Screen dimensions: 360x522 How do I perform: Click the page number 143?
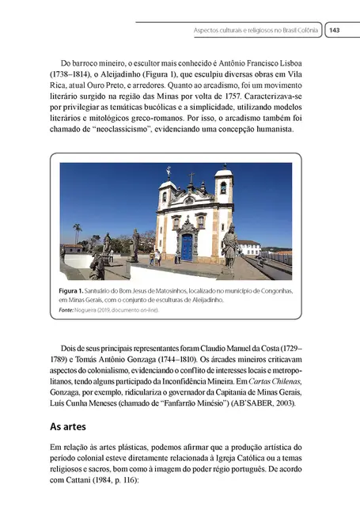pos(334,30)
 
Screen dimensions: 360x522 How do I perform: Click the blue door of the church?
pos(188,247)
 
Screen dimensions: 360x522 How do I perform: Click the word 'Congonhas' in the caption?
pos(272,291)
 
